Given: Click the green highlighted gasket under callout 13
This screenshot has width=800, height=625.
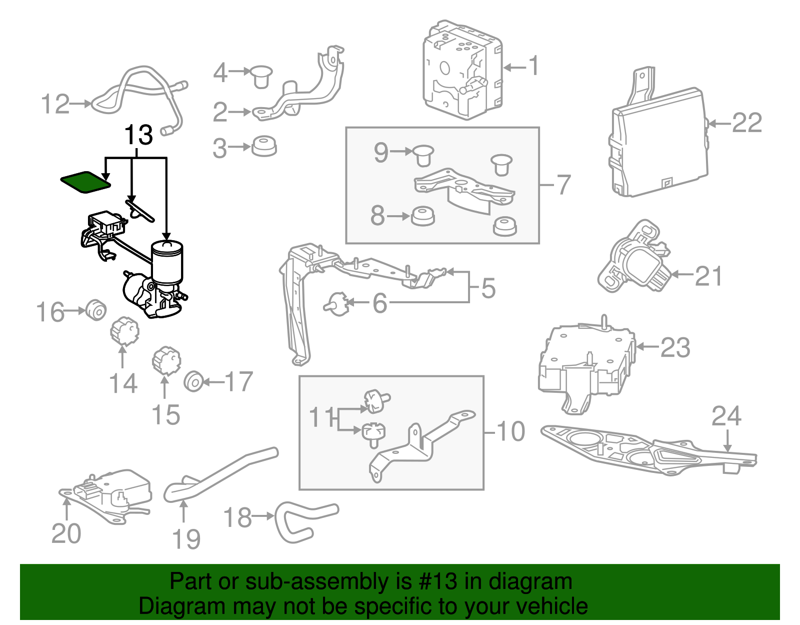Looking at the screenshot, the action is [85, 182].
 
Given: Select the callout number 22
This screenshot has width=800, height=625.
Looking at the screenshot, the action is [746, 123].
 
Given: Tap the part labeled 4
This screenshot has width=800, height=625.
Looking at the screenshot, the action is [261, 77].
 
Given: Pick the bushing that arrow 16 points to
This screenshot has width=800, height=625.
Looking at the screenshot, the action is [96, 310].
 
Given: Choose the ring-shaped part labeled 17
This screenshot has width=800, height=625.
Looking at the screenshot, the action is [193, 382].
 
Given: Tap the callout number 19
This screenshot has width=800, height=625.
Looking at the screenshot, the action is [186, 539].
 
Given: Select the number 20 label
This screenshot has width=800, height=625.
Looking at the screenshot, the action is [66, 533].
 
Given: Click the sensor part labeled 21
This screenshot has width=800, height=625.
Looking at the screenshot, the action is [633, 256].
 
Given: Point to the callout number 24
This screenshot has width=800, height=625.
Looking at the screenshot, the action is [726, 416].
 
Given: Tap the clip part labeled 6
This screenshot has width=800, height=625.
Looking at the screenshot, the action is [336, 305].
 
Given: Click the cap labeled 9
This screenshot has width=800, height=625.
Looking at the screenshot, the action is [423, 155].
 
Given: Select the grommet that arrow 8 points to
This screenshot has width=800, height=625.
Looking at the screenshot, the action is [422, 217].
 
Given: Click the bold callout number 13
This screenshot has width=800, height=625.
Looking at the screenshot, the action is [138, 135].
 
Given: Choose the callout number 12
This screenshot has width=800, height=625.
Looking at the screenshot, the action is [55, 104].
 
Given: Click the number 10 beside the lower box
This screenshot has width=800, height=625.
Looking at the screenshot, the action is [510, 431].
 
